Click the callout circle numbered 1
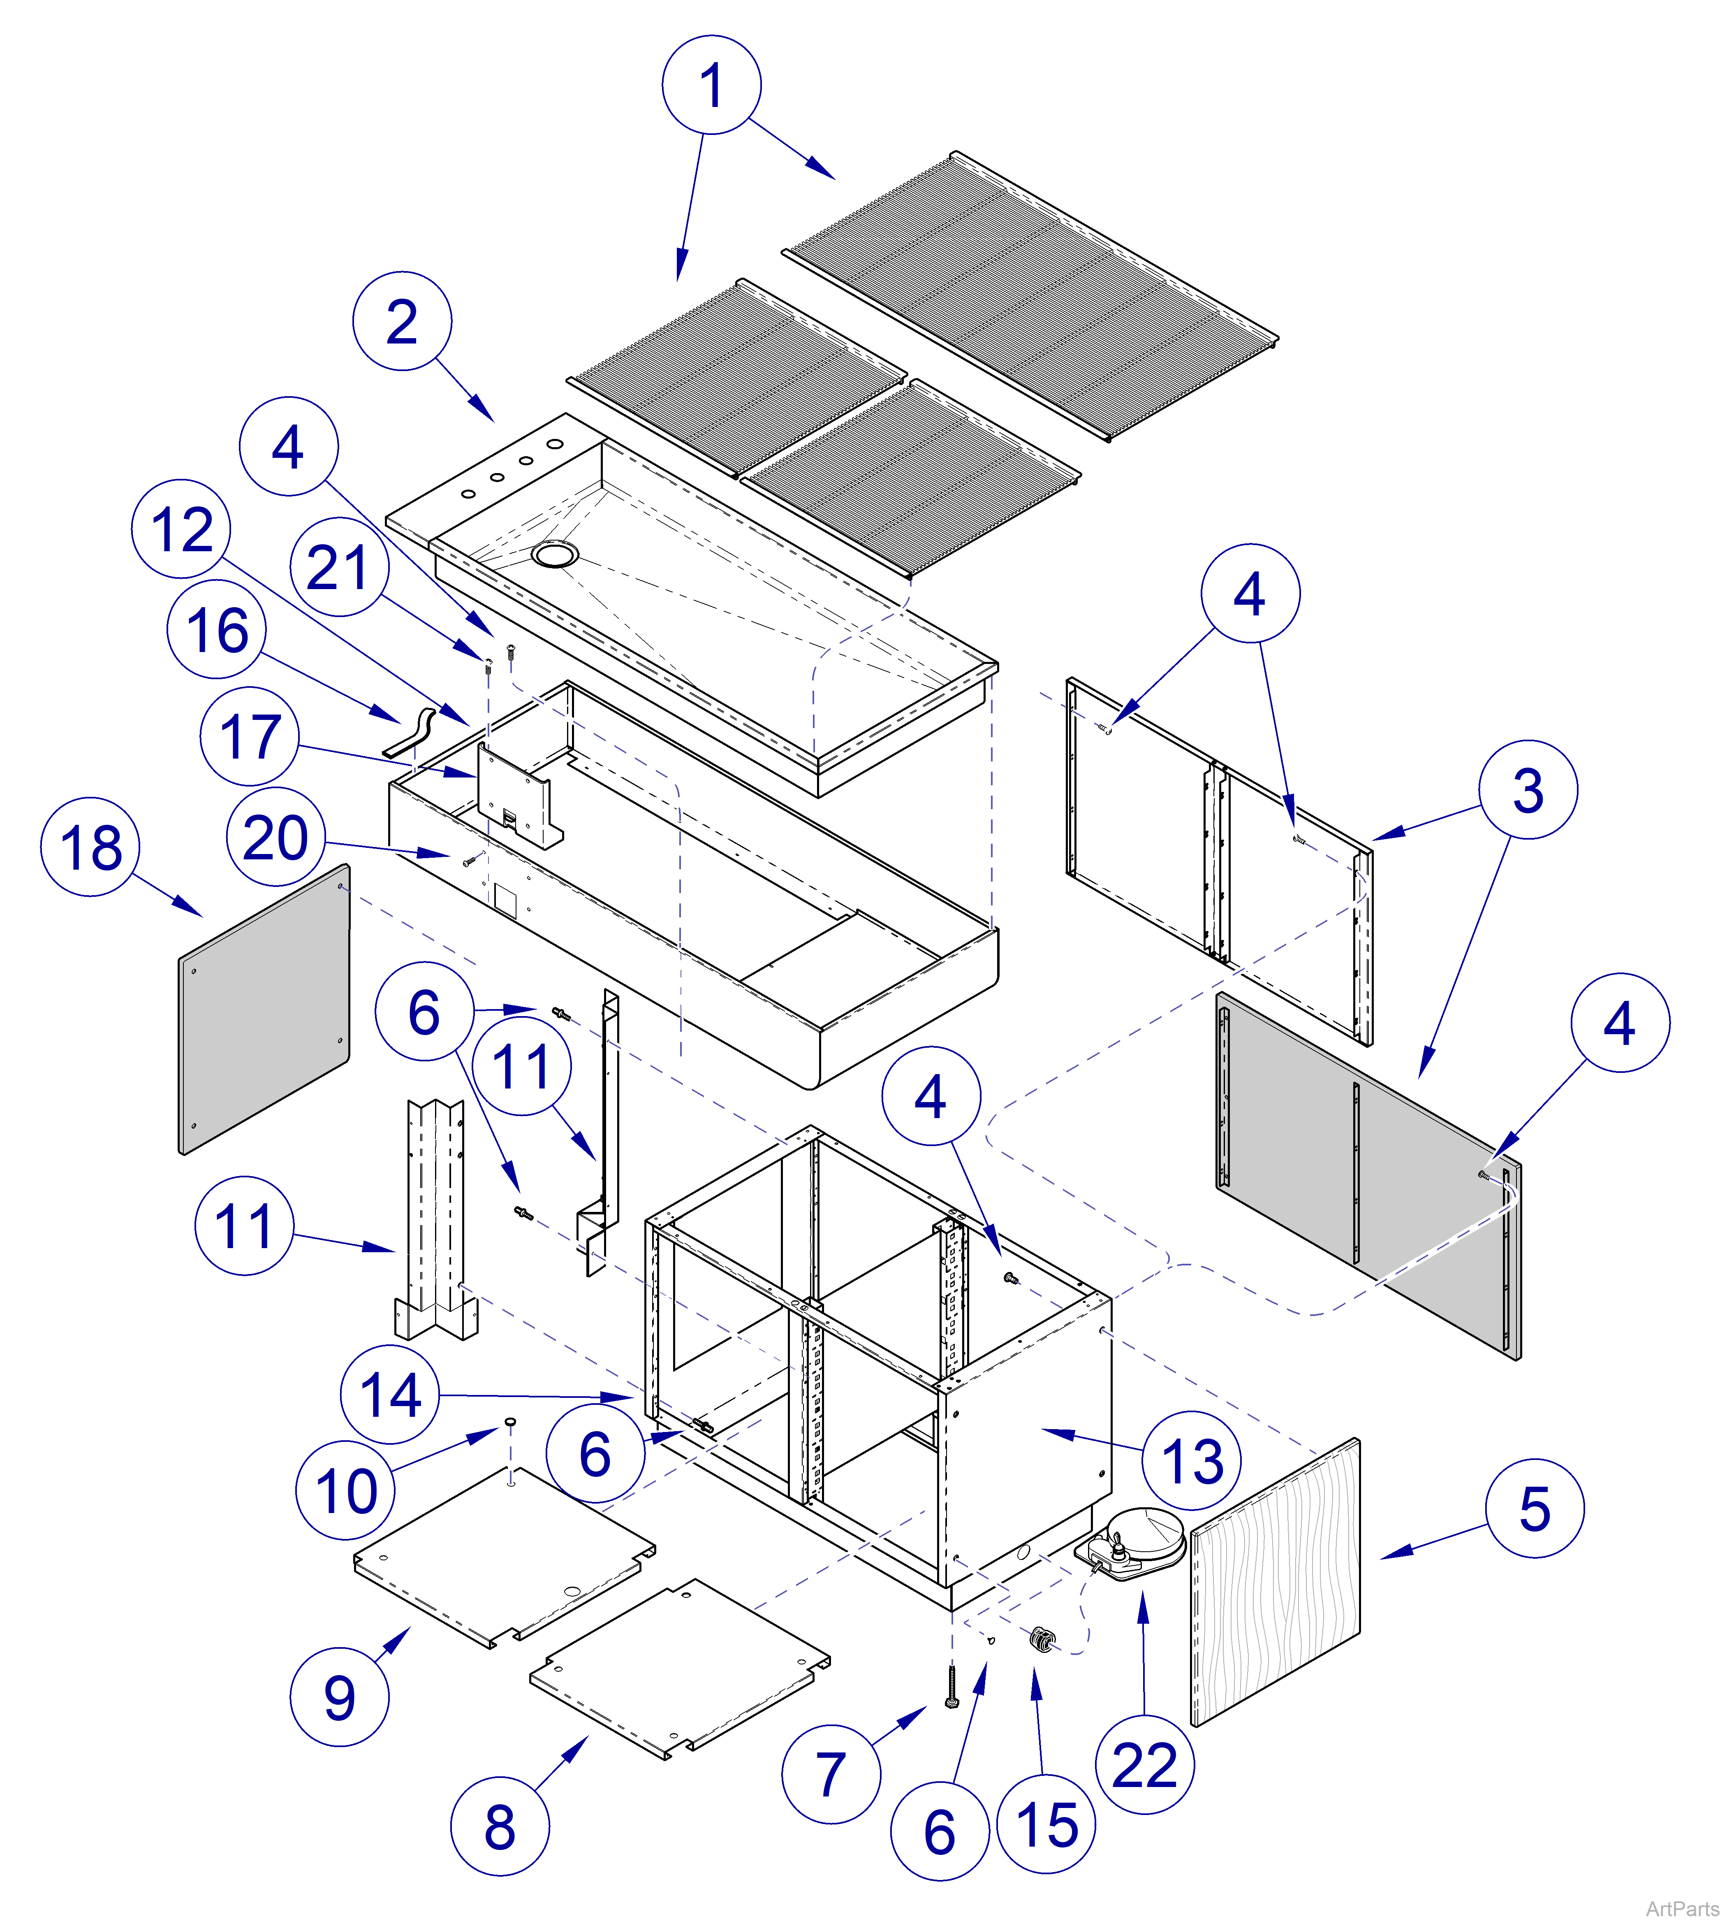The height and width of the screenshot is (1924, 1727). point(711,84)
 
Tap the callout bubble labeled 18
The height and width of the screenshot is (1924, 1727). point(90,847)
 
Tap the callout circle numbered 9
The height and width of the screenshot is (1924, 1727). point(339,1696)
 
